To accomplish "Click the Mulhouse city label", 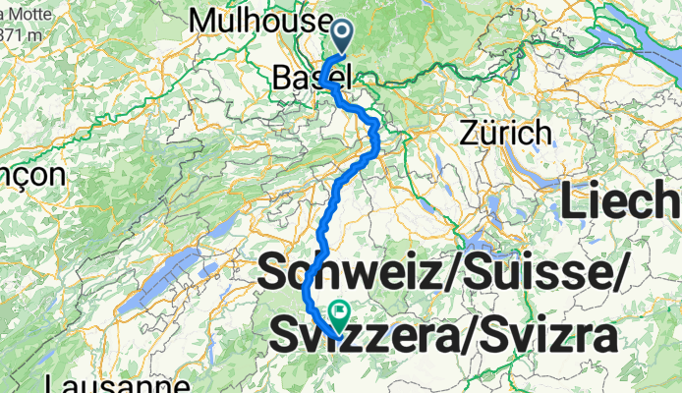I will pyautogui.click(x=260, y=20).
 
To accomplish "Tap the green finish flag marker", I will pyautogui.click(x=340, y=315).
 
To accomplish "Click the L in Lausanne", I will pyautogui.click(x=51, y=381).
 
